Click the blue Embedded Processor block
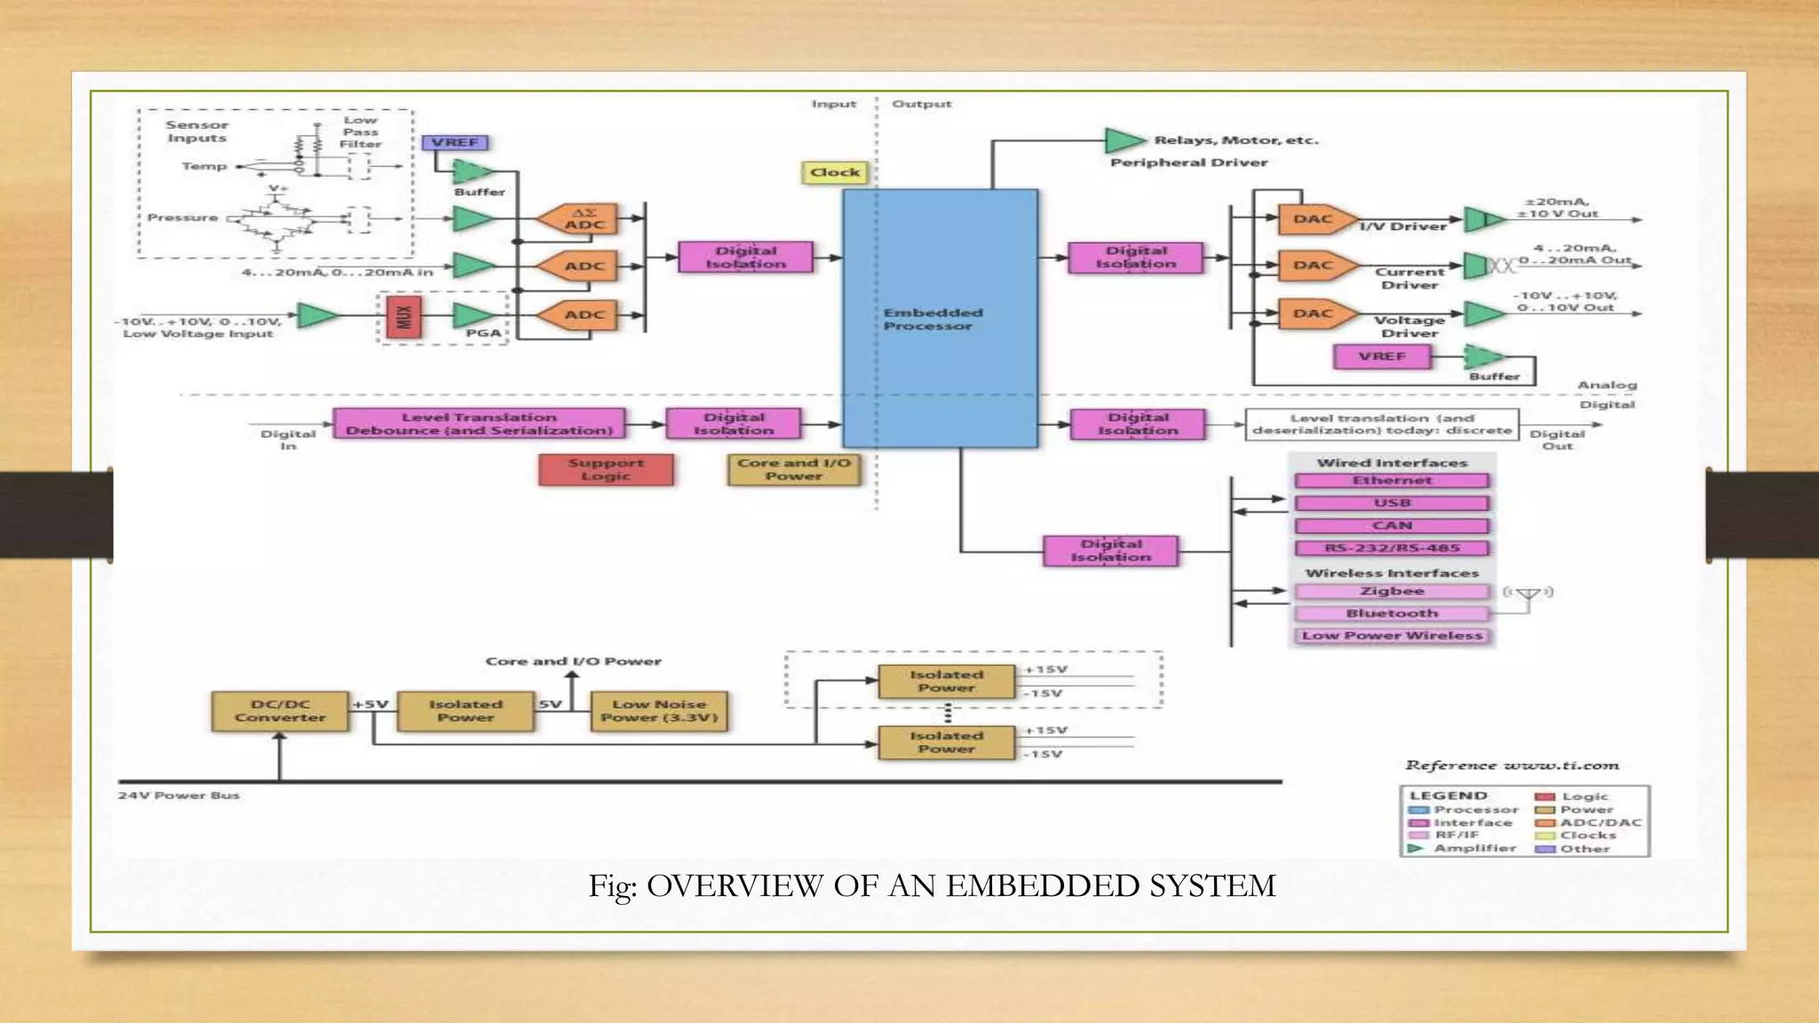click(940, 318)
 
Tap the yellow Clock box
click(835, 172)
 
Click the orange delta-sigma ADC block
click(582, 219)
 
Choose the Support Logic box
click(606, 469)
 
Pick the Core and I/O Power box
click(794, 469)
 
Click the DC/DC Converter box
click(280, 711)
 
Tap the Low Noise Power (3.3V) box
click(659, 711)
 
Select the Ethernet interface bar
click(1391, 480)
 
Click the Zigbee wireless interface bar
click(1391, 591)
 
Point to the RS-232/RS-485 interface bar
click(1391, 548)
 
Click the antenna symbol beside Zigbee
click(1528, 596)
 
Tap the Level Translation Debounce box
click(479, 424)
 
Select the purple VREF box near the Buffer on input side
click(455, 143)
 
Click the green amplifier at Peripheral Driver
click(1124, 140)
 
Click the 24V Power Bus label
click(179, 796)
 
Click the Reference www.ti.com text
click(1512, 765)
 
